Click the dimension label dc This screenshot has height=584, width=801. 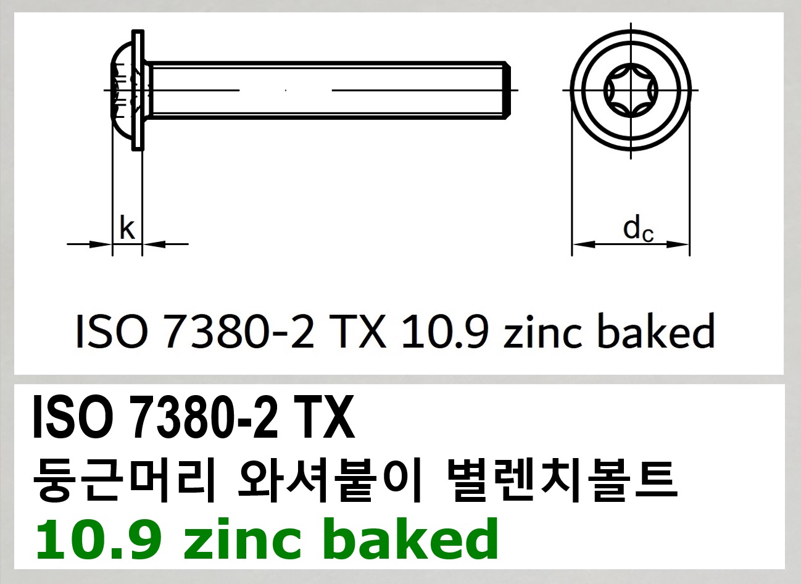click(637, 229)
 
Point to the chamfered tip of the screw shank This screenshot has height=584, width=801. click(507, 90)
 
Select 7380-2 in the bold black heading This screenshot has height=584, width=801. click(198, 419)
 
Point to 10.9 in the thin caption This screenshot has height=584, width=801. click(445, 332)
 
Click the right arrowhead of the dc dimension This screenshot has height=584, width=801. click(679, 244)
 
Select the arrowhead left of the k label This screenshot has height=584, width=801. click(102, 244)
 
